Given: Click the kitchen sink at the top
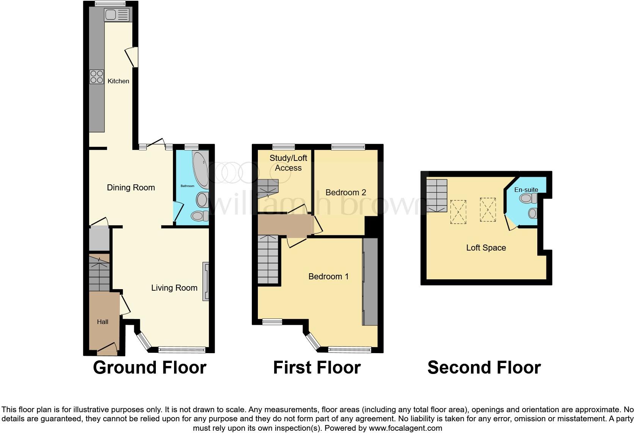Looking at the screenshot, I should (x=117, y=15).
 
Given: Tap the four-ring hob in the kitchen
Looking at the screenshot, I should (x=97, y=77).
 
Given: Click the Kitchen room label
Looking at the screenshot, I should (x=118, y=81).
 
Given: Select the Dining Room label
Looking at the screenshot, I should (x=131, y=188).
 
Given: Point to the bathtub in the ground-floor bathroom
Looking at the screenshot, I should (x=201, y=170).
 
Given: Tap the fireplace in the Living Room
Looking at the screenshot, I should (x=206, y=282).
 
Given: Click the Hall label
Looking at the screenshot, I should (x=102, y=322).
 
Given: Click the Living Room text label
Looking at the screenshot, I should (x=174, y=288).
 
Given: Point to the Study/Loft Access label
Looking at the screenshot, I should (x=288, y=163).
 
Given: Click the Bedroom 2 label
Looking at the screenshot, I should (x=345, y=193).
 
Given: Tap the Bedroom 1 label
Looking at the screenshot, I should (x=328, y=277).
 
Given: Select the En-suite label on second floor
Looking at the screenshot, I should (x=526, y=190).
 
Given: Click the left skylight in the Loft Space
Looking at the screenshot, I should (x=458, y=212).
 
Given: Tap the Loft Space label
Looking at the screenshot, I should (x=486, y=248).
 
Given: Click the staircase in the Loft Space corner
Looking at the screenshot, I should (x=436, y=195).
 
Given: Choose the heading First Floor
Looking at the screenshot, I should (x=317, y=368).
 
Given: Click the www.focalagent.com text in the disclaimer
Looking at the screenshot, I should (x=405, y=428).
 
